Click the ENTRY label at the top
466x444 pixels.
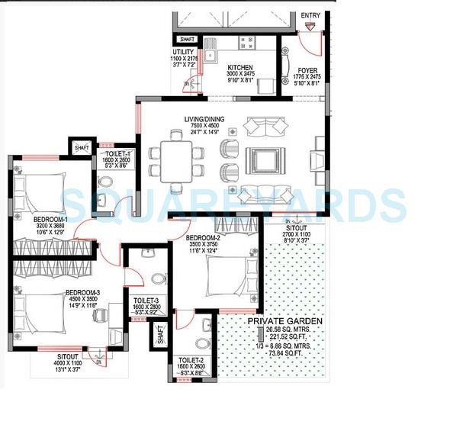pyautogui.click(x=311, y=15)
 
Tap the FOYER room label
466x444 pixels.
pyautogui.click(x=308, y=69)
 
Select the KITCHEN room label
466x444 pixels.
pyautogui.click(x=240, y=68)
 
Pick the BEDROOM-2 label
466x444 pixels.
pyautogui.click(x=204, y=237)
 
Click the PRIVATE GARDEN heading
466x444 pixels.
pyautogui.click(x=284, y=322)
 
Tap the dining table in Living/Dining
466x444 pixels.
pyautogui.click(x=177, y=161)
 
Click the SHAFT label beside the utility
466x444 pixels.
pyautogui.click(x=187, y=39)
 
